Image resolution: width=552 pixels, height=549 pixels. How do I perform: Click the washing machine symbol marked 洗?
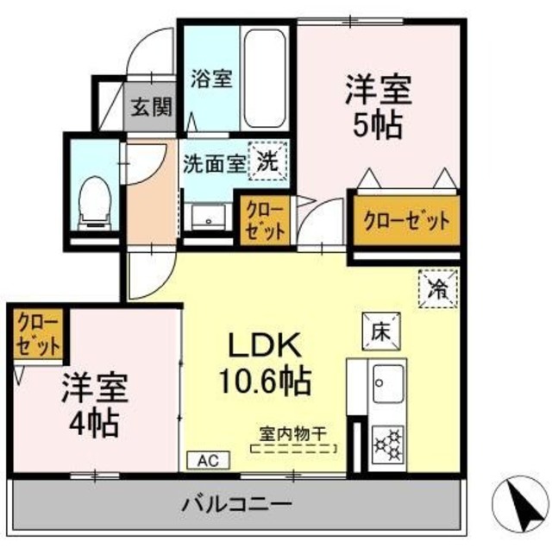tap(267, 160)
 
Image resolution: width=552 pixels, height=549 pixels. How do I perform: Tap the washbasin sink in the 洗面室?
tap(207, 217)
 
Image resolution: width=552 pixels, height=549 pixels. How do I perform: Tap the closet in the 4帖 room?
tap(38, 335)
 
